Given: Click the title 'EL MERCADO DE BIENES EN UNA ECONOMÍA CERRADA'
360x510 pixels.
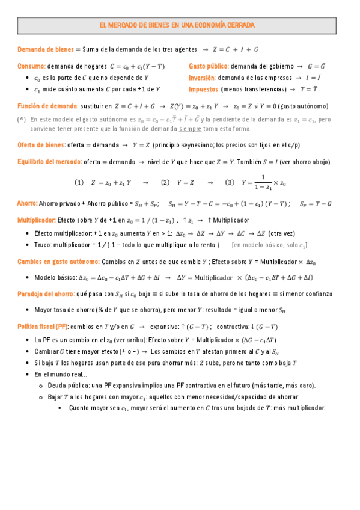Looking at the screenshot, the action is click(177, 26).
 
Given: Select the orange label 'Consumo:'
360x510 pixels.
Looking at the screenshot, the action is click(31, 66).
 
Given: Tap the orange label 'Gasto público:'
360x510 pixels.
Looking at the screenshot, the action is click(209, 66).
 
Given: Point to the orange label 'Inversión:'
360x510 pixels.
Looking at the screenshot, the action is click(202, 78).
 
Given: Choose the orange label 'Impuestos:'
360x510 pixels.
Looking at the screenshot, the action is click(204, 90).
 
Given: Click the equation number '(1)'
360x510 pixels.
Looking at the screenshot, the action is click(79, 182).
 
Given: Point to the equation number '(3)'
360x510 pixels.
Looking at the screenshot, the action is click(229, 182).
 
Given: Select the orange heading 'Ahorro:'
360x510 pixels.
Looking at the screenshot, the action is click(28, 204).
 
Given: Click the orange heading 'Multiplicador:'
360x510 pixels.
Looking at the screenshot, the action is click(37, 220).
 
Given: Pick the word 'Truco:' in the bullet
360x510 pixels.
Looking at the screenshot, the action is click(44, 245).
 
